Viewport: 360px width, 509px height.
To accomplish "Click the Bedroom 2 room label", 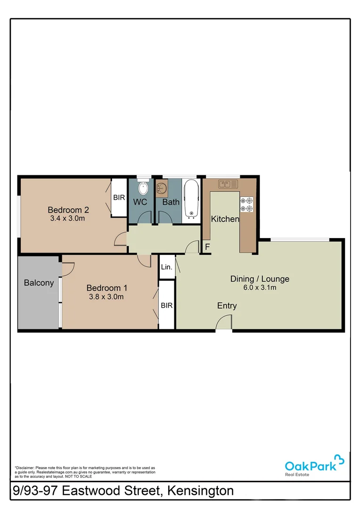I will coord(68,210).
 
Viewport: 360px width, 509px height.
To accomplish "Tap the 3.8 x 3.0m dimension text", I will coord(106,297).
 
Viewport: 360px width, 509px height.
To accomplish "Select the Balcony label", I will coord(39,283).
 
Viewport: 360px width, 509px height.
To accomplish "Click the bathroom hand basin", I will coord(162,189).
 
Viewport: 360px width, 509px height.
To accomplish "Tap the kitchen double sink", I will coord(228,184).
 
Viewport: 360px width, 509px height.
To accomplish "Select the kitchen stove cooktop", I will coord(246,204).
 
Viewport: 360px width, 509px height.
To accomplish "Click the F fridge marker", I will coord(206,246).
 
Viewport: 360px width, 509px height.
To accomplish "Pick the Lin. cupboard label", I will coord(167,267).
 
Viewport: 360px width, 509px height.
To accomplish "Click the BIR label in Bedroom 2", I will coord(119,197).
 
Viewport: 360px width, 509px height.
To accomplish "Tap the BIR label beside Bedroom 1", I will coord(167,305).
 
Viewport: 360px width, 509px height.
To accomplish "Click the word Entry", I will coord(227,306).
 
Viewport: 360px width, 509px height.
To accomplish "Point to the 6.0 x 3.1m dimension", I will coord(260,287).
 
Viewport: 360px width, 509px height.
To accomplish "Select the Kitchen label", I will coord(225,219).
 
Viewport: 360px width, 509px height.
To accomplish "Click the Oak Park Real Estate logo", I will coord(314,465).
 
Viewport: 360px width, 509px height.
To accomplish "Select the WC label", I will coord(140,202).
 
